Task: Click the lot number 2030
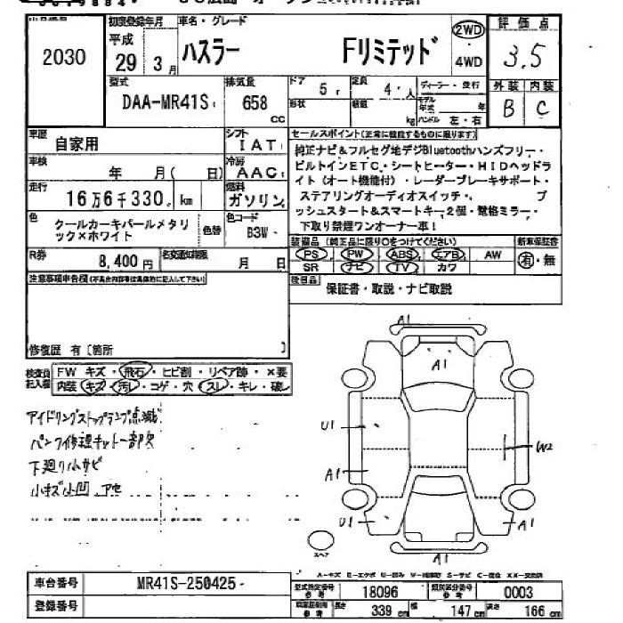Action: tap(64, 58)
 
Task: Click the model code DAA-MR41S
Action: tap(163, 103)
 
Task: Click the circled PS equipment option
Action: tap(311, 254)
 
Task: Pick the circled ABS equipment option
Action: tap(402, 254)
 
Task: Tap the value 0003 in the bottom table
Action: tap(517, 593)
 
